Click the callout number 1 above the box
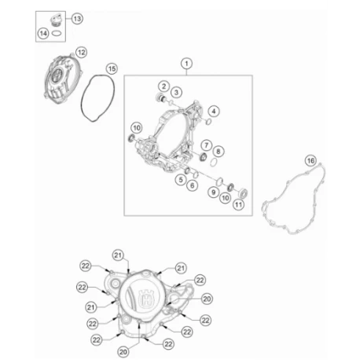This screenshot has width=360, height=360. coord(186,64)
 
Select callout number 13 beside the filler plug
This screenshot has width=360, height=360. coord(77,19)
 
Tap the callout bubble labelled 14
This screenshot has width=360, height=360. coord(43,34)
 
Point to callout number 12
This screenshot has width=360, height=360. coord(81,53)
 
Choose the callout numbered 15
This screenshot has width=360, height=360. coord(112,68)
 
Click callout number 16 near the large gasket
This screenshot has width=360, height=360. coord(310,160)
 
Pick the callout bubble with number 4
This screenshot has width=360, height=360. coord(214,111)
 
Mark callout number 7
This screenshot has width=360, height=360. coord(207,145)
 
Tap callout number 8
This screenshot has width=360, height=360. coord(219,151)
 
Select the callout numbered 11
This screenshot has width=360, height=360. coord(238,204)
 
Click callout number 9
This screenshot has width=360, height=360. coord(214,193)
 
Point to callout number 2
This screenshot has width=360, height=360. coord(163,86)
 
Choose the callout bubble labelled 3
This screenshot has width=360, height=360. coord(176,92)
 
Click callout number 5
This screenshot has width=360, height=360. coord(181,180)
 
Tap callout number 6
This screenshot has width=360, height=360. coord(193,186)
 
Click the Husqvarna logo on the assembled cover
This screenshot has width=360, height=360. coord(146,297)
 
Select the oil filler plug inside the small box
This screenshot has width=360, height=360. coord(56,21)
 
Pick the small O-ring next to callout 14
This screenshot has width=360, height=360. coord(57,33)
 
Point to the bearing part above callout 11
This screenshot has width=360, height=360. coord(243,193)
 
